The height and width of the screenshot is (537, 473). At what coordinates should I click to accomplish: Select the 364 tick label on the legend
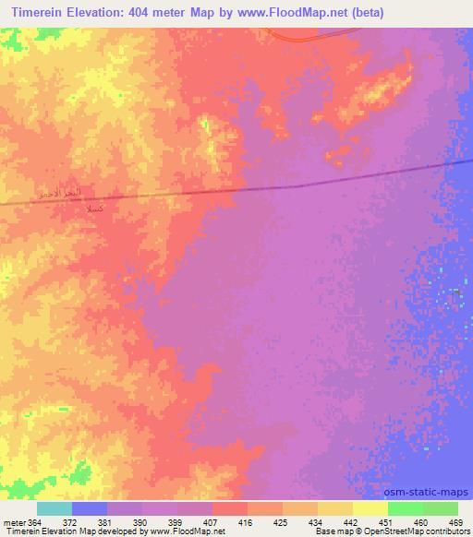coord(35,521)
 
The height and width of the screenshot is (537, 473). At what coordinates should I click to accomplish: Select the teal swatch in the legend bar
coord(55,508)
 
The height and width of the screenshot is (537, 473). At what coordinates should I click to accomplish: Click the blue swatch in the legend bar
coord(90,508)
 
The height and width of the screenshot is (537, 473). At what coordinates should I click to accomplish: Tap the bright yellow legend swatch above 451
coord(370,508)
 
